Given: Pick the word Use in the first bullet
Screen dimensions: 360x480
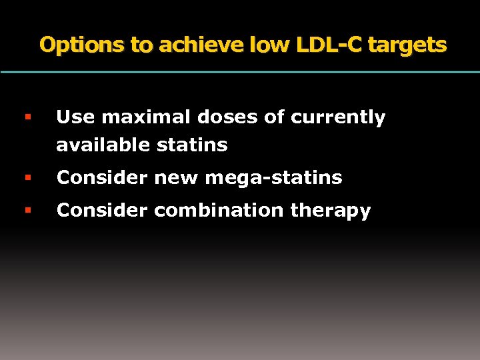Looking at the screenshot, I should (72, 118).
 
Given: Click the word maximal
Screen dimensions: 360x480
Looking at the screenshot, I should (131, 118).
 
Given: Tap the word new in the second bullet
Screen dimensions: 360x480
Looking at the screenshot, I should (175, 178).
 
